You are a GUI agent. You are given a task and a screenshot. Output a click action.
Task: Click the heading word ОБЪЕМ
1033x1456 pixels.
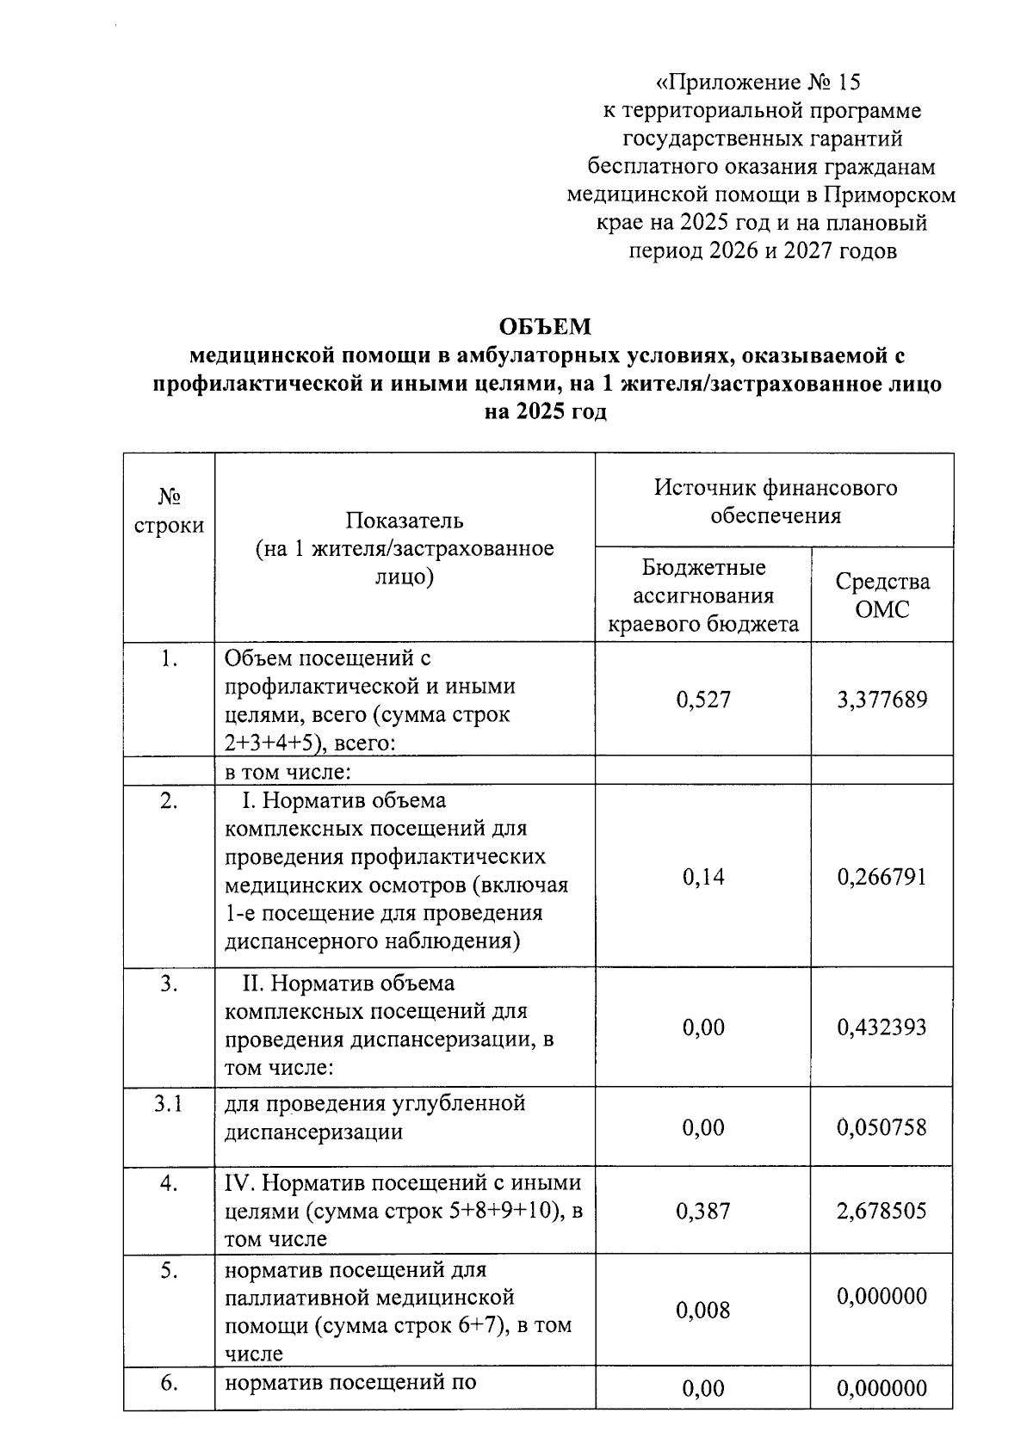click(x=546, y=327)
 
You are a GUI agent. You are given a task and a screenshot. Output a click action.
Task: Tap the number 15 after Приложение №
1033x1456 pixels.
click(x=846, y=83)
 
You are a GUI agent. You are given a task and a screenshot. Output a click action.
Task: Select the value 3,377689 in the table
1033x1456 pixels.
click(x=882, y=700)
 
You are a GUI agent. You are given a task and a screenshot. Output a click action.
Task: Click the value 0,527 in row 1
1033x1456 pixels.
click(x=703, y=700)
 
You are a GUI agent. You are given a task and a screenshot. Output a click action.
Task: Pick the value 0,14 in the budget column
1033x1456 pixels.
click(x=703, y=877)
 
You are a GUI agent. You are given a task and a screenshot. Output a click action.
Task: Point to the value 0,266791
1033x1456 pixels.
click(x=882, y=877)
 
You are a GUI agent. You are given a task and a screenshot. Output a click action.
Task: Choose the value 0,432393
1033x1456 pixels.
click(x=882, y=1027)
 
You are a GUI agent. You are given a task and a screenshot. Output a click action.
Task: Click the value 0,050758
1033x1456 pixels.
click(x=882, y=1127)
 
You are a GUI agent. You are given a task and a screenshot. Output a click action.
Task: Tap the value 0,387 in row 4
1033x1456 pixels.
click(x=703, y=1212)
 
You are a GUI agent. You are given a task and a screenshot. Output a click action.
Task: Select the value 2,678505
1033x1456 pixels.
click(x=882, y=1212)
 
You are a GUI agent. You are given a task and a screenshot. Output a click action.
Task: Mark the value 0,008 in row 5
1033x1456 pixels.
click(x=703, y=1311)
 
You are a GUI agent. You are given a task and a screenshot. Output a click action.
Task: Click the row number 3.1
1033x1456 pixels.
click(x=169, y=1103)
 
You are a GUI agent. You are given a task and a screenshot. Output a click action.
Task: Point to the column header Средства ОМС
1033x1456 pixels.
click(x=882, y=595)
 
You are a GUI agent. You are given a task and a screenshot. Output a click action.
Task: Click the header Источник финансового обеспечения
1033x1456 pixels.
click(x=775, y=502)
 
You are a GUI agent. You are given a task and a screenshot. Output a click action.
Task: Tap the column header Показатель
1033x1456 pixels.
click(x=405, y=521)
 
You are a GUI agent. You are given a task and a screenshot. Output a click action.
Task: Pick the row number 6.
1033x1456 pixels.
click(x=169, y=1384)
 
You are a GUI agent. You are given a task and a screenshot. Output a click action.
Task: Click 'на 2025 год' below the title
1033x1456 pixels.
click(x=546, y=412)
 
